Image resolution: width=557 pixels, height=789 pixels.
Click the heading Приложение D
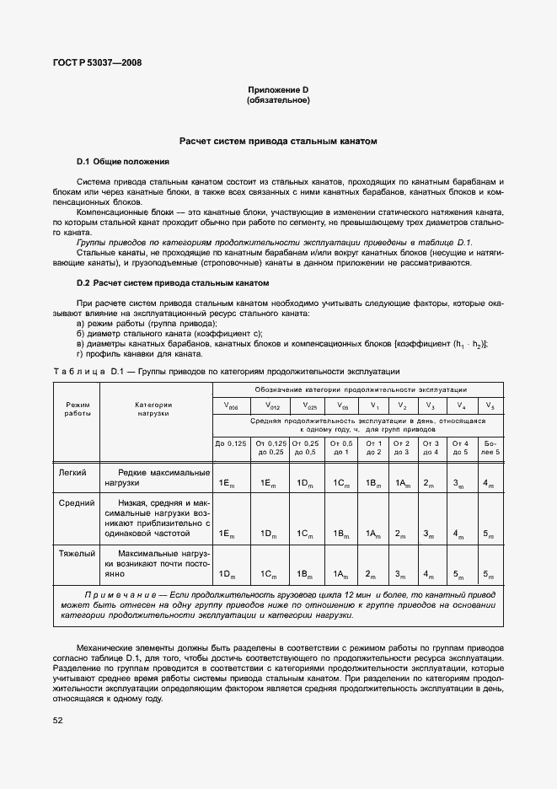(x=278, y=90)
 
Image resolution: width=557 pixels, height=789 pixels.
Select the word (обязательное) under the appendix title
(x=278, y=100)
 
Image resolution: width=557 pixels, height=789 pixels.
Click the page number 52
(x=57, y=720)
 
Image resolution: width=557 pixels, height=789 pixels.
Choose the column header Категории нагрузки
(x=153, y=409)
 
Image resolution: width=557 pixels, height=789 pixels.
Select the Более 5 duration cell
(x=490, y=448)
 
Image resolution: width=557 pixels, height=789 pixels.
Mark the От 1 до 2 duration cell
(x=373, y=448)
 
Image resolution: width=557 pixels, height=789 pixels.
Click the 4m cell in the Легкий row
(x=490, y=483)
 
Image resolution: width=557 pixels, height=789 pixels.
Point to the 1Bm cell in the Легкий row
(x=373, y=483)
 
